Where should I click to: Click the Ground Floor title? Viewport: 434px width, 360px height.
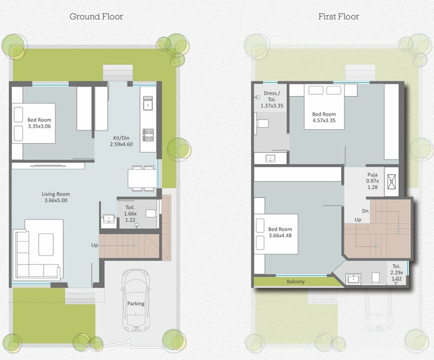click(x=96, y=17)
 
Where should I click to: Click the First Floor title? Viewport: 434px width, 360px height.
click(x=339, y=17)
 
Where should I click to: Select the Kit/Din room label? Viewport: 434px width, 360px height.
click(x=122, y=141)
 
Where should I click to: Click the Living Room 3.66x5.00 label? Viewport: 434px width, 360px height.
click(x=56, y=197)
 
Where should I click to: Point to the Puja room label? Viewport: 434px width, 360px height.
click(x=372, y=181)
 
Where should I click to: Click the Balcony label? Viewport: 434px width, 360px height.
click(x=296, y=282)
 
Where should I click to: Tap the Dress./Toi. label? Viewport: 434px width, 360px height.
click(x=272, y=99)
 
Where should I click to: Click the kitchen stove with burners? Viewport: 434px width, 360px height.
click(x=148, y=135)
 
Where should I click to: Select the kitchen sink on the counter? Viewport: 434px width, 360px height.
click(x=148, y=103)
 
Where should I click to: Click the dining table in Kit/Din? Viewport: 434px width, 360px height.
click(x=143, y=179)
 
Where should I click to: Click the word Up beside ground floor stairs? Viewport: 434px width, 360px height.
click(x=95, y=245)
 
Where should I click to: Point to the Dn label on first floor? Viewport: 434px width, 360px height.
click(x=365, y=211)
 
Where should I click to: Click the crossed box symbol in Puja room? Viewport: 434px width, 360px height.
click(x=391, y=182)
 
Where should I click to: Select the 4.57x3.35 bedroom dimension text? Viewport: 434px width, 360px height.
click(x=324, y=120)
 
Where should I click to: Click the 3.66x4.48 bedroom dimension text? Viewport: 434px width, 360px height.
click(x=280, y=235)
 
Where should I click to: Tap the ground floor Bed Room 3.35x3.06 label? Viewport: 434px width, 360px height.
click(x=39, y=123)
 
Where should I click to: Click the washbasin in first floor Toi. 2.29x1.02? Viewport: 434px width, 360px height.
click(x=353, y=279)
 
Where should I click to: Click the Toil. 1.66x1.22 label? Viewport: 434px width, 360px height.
click(x=130, y=213)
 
